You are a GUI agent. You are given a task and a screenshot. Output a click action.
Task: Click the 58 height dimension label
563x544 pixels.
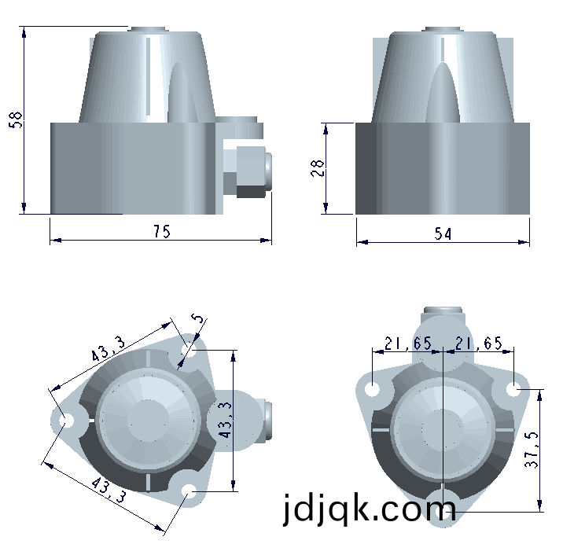16,119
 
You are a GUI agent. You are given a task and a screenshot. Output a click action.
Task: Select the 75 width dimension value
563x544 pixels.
162,231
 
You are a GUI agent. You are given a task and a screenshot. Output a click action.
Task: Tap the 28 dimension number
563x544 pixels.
317,168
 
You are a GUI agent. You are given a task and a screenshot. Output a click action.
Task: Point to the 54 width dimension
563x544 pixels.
443,233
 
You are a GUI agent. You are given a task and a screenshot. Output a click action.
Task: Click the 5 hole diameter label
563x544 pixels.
197,318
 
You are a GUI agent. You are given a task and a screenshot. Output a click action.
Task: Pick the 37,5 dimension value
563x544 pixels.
532,449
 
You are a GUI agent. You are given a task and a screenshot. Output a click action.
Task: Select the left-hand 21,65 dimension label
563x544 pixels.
408,344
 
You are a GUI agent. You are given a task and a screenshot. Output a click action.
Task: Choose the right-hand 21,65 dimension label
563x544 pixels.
479,344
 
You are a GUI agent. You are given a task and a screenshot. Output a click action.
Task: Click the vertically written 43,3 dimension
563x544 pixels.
226,420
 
